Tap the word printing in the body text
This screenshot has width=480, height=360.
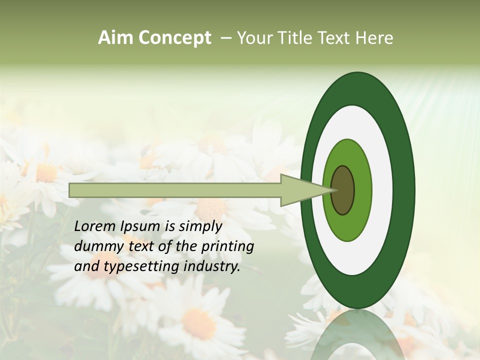pos(228,246)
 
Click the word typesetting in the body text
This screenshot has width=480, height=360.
pos(138,267)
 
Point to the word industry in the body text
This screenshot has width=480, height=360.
pos(212,267)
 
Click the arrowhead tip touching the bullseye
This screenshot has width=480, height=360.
pos(330,190)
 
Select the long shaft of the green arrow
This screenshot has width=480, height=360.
pos(175,190)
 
